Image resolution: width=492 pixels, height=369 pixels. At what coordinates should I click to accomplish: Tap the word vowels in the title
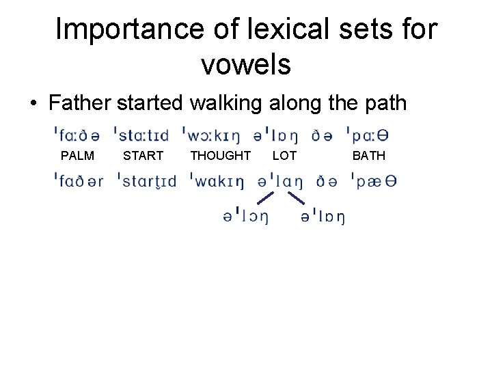tap(246, 65)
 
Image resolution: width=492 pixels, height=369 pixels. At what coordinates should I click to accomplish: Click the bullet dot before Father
tap(33, 105)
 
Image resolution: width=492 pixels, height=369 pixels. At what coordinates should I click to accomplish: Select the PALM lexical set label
tap(77, 156)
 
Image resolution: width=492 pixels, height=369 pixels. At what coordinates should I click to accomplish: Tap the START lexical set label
tap(143, 156)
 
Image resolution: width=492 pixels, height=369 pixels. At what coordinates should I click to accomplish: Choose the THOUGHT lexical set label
tap(220, 156)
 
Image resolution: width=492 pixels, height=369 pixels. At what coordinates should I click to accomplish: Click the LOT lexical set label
tap(284, 156)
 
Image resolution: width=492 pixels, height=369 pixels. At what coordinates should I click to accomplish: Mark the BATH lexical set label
tap(368, 156)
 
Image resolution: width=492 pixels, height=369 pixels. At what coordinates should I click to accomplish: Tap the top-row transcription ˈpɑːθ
tap(372, 134)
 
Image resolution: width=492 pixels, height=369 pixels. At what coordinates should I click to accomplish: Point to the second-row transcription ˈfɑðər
tap(79, 181)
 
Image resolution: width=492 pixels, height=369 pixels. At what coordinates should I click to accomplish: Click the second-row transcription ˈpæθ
tap(373, 181)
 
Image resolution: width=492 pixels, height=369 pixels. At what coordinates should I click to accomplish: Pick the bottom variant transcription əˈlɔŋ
tap(245, 217)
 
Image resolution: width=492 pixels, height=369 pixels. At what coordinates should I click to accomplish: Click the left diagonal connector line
tap(265, 198)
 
